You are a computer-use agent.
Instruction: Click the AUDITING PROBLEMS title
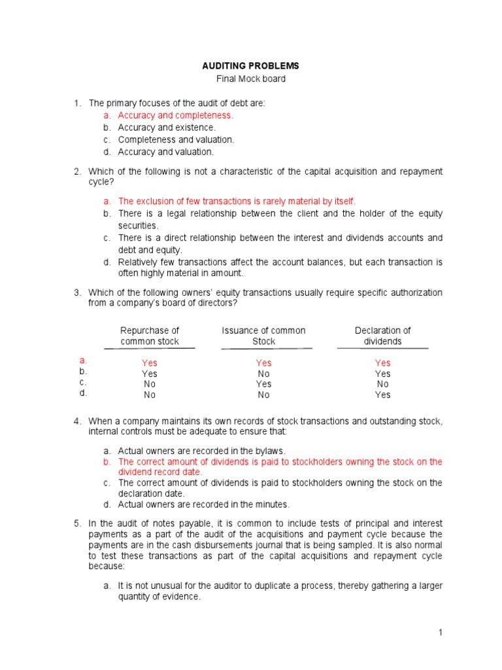click(x=251, y=66)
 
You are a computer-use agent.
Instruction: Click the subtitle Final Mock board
click(x=251, y=79)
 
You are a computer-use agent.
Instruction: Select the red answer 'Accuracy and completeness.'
click(x=175, y=115)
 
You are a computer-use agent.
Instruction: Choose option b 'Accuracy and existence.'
click(x=167, y=128)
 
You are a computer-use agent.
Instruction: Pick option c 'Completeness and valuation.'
click(x=176, y=139)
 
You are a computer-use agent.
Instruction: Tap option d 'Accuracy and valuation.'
click(x=165, y=152)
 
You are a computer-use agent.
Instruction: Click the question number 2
click(x=76, y=171)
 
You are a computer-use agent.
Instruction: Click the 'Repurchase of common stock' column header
click(x=150, y=336)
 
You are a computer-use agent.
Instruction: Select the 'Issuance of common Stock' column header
click(x=263, y=336)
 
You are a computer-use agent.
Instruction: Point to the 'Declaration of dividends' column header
click(x=382, y=336)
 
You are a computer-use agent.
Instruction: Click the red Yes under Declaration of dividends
click(x=382, y=363)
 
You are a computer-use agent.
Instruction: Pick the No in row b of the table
click(x=263, y=374)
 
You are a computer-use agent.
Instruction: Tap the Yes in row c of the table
click(x=263, y=384)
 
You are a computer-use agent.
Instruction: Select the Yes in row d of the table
click(x=382, y=395)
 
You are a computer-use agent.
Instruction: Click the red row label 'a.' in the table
click(x=83, y=361)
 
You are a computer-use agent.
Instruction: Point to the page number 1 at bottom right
click(x=441, y=632)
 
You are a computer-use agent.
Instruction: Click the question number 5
click(x=76, y=523)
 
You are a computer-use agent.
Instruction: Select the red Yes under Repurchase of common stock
click(x=150, y=363)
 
